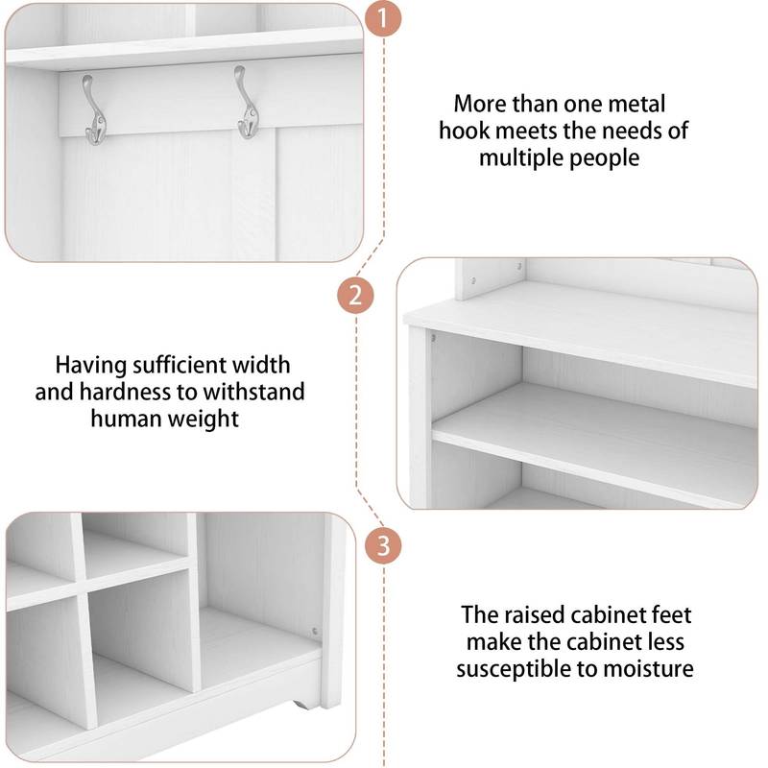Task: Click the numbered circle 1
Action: pyautogui.click(x=384, y=18)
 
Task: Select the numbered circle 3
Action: pyautogui.click(x=383, y=546)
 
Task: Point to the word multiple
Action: pyautogui.click(x=521, y=157)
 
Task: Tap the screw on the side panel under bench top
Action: pyautogui.click(x=433, y=337)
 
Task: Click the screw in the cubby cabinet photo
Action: pyautogui.click(x=315, y=631)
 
